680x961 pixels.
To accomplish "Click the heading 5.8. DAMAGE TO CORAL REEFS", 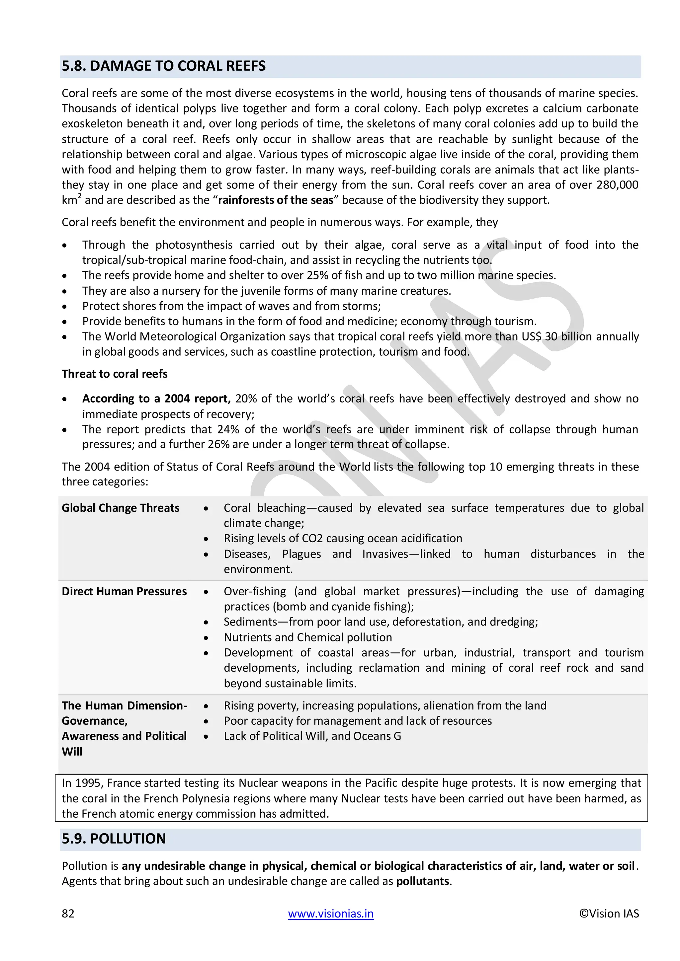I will [x=163, y=66].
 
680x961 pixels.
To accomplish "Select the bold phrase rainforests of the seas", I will [x=276, y=200].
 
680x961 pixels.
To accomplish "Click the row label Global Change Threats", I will [x=121, y=508].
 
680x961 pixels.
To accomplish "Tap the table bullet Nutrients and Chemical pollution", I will [x=308, y=637].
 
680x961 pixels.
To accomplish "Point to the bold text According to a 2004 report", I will [x=156, y=399].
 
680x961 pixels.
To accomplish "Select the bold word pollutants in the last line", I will [x=422, y=881].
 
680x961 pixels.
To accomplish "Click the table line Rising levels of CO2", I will [x=343, y=538].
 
